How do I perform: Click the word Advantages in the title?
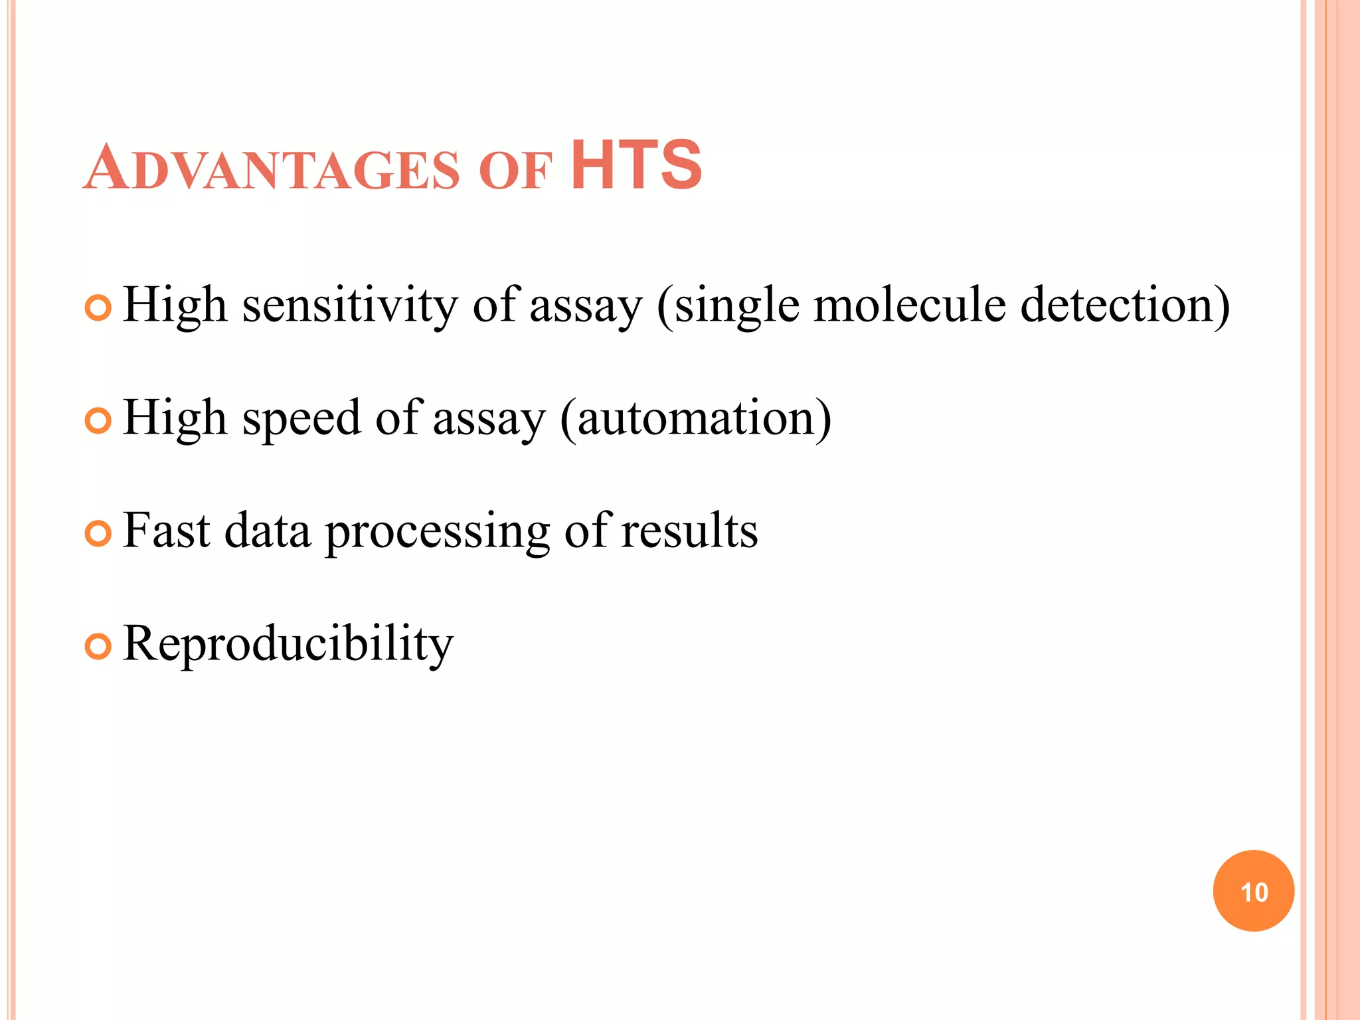pos(271,168)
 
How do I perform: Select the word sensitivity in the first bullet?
pos(349,305)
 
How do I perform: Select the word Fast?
pos(167,531)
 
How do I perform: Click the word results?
pos(689,531)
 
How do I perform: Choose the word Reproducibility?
pos(288,645)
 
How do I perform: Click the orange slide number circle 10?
pos(1253,891)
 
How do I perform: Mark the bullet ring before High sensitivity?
pos(98,308)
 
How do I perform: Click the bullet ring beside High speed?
pos(98,421)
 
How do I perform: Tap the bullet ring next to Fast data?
pos(98,534)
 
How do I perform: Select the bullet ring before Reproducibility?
pos(98,647)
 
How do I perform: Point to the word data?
pos(268,531)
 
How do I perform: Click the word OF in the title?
pos(515,171)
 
